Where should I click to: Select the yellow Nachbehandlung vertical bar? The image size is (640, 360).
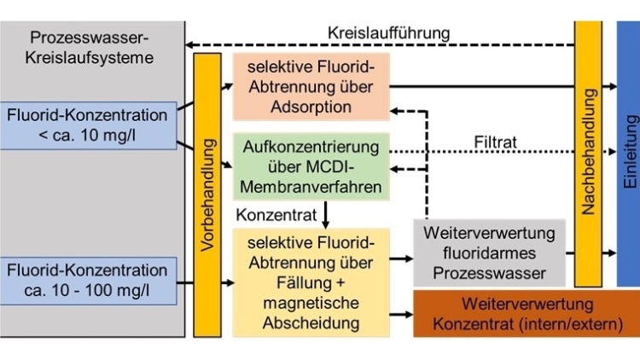pos(588,154)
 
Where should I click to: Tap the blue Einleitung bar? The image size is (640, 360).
pos(627,154)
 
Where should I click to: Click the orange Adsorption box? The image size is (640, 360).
pos(311,85)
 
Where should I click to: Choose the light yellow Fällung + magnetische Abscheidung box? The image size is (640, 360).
pos(311,281)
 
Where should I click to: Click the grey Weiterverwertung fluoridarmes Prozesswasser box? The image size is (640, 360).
pos(489,253)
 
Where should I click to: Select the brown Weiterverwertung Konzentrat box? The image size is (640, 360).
pos(525,314)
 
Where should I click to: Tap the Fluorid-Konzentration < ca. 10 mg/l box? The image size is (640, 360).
pos(89,124)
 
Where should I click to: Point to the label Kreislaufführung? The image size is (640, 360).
pos(388,33)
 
